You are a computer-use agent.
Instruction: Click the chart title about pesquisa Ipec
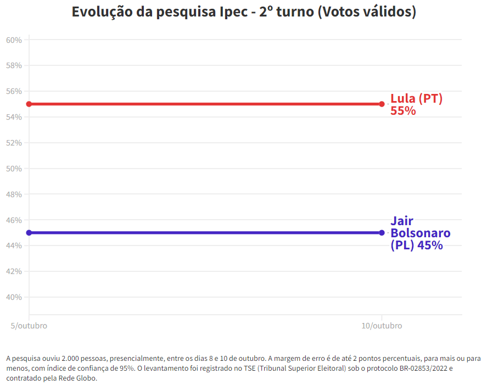coord(243,12)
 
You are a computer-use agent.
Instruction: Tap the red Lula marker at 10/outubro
coord(382,104)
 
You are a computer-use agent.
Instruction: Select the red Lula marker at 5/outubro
coord(29,104)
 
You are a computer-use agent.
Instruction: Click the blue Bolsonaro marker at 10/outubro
coord(382,232)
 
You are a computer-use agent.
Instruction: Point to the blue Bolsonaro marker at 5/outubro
coord(29,232)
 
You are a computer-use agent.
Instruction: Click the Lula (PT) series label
coord(416,99)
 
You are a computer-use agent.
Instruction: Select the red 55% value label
coord(403,110)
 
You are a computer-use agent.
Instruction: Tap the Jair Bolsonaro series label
coord(420,233)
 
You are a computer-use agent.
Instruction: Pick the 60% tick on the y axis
coord(14,40)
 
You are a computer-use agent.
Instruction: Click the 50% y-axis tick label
coord(14,169)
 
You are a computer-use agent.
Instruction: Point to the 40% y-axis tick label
coord(14,297)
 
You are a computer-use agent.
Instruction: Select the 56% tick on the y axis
coord(14,91)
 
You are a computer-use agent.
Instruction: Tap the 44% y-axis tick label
coord(14,245)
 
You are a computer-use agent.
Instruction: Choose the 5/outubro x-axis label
coord(29,326)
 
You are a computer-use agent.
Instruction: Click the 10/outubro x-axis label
coord(382,326)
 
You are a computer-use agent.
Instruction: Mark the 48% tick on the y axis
coord(14,194)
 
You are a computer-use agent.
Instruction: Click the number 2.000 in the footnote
coord(66,359)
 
